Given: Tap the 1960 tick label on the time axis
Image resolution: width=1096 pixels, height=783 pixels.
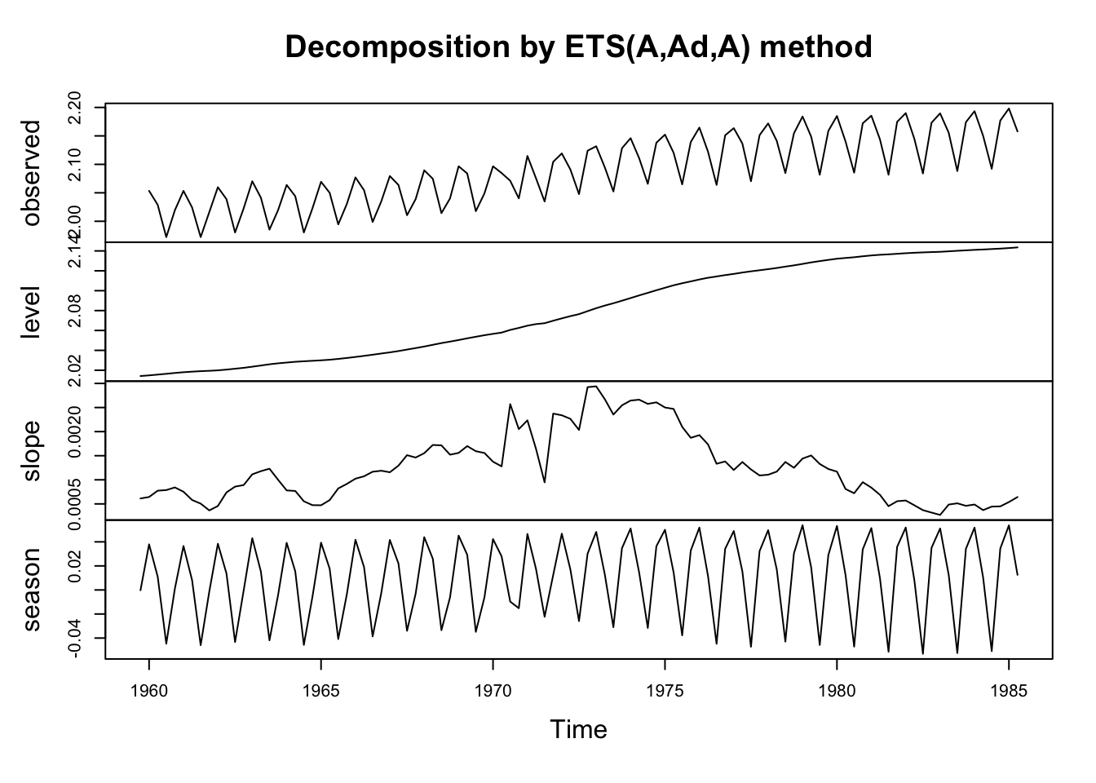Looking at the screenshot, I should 149,692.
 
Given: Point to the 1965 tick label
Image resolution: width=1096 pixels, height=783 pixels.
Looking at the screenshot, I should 321,692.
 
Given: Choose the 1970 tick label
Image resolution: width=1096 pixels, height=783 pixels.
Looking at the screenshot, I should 493,692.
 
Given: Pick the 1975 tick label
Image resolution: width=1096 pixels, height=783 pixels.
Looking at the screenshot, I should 665,692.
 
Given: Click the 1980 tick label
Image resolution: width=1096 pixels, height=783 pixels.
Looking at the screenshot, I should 837,692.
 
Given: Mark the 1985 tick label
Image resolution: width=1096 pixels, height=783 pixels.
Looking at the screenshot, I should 1009,692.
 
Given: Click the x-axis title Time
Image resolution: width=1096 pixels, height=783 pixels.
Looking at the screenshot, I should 578,729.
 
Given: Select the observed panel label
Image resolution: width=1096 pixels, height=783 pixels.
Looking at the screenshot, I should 32,173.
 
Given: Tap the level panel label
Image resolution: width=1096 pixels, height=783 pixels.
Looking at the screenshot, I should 32,312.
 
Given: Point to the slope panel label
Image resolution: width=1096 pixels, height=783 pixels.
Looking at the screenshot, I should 32,451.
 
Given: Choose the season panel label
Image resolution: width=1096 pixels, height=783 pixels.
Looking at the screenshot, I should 32,590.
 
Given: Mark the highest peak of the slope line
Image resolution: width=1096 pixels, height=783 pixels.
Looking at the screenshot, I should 595,387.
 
